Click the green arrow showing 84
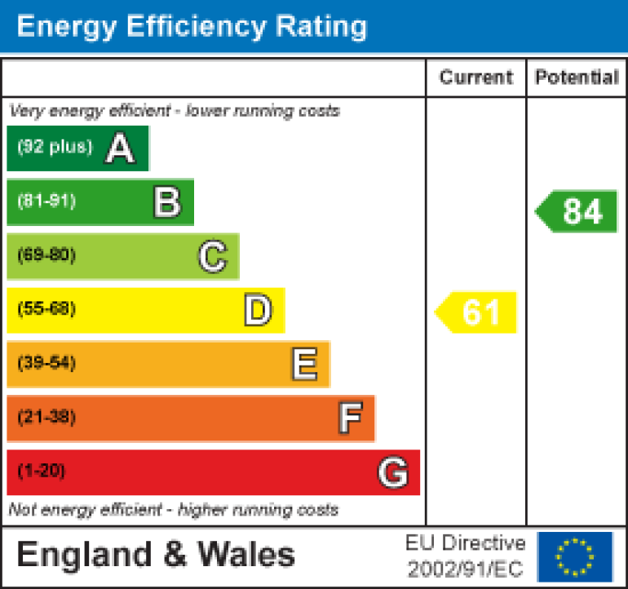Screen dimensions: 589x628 (577, 211)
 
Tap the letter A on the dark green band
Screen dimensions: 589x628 (120, 148)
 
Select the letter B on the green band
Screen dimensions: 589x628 (167, 202)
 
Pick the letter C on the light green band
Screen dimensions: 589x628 (212, 256)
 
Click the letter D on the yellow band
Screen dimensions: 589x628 (258, 310)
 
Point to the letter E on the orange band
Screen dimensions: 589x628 (304, 364)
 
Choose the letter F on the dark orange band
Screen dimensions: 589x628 (350, 418)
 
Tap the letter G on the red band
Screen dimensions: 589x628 (392, 472)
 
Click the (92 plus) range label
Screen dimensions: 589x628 (55, 148)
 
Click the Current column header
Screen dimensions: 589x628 (476, 77)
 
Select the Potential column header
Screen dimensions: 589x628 (577, 77)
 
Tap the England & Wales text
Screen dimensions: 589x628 (156, 555)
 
